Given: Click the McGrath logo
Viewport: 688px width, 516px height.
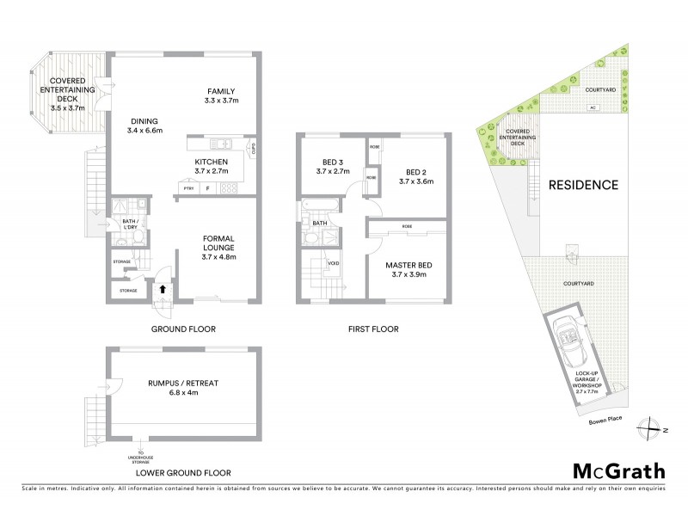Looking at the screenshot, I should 618,470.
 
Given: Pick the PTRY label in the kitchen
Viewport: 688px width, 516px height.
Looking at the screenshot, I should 187,188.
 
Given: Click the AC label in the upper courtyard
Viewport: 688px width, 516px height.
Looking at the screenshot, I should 592,107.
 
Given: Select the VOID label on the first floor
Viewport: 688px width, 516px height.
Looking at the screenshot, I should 333,263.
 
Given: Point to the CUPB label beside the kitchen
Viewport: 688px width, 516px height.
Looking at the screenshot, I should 254,152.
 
